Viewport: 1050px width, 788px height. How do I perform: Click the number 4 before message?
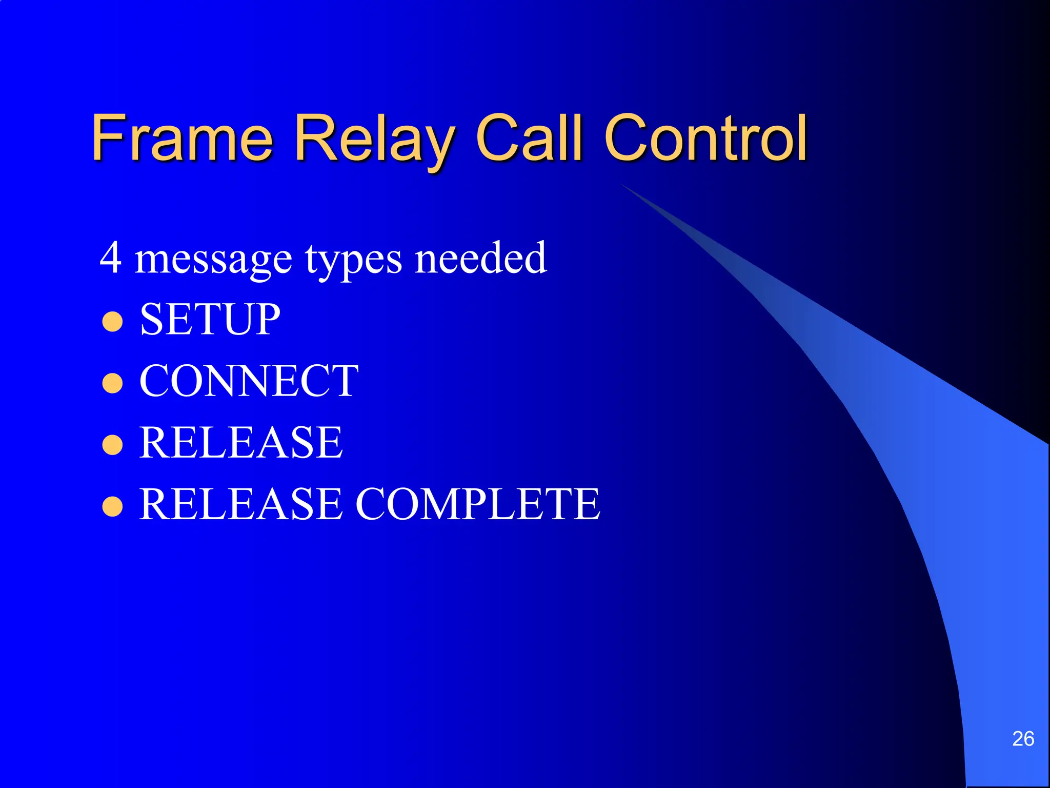pyautogui.click(x=110, y=258)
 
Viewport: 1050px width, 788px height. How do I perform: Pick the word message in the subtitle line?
pyautogui.click(x=213, y=260)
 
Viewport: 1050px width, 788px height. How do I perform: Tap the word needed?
pyautogui.click(x=480, y=258)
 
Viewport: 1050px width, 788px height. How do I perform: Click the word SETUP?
pyautogui.click(x=210, y=319)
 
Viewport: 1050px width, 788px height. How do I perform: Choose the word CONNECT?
pyautogui.click(x=249, y=381)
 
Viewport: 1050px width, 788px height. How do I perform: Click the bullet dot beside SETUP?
pyautogui.click(x=112, y=322)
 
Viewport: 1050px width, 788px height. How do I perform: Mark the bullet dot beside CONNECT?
pyautogui.click(x=112, y=383)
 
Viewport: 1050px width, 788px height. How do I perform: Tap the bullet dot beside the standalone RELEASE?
pyautogui.click(x=112, y=445)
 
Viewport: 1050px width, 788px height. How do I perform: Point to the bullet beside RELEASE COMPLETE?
pyautogui.click(x=112, y=506)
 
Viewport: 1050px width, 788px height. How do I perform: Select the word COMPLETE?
pyautogui.click(x=477, y=504)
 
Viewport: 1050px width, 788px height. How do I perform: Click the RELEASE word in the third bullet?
pyautogui.click(x=241, y=442)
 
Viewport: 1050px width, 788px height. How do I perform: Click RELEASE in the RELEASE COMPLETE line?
pyautogui.click(x=241, y=504)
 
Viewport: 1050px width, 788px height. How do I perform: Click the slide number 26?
pyautogui.click(x=1023, y=739)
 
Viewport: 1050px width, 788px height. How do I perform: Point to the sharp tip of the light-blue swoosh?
pyautogui.click(x=622, y=185)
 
